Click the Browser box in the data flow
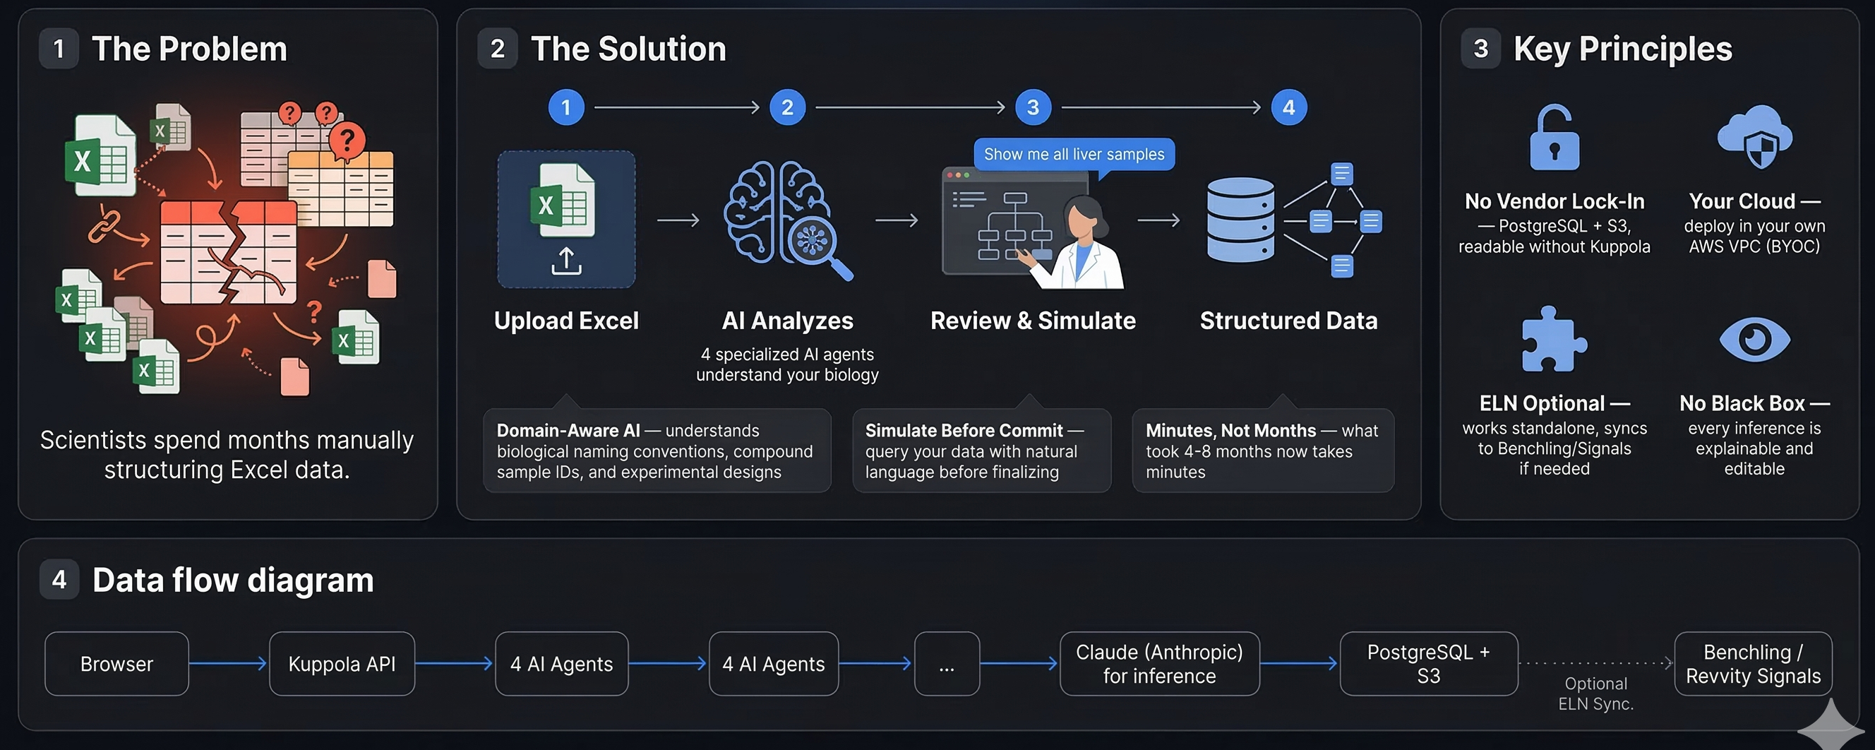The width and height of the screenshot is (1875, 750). coord(116,663)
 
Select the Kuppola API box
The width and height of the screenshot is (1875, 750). coord(342,663)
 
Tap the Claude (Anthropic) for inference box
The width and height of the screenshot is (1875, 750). coord(1158,663)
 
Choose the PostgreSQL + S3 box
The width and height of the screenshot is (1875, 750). coord(1428,663)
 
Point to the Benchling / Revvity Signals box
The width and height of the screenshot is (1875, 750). coord(1753,663)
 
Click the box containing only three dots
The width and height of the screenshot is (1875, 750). coord(946,663)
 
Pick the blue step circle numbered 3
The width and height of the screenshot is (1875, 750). coord(1032,108)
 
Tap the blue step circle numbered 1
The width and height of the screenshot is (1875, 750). coord(565,108)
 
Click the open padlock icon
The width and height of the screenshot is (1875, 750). coord(1554,138)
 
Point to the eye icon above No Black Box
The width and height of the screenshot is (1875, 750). coord(1754,339)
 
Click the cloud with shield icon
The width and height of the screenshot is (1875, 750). coord(1754,137)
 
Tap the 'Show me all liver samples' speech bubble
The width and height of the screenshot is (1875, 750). coord(1074,155)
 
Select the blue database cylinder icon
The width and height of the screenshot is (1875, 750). coord(1240,220)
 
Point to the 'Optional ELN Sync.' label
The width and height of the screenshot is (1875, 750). coord(1595,694)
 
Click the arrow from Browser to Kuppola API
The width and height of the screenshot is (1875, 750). coord(229,663)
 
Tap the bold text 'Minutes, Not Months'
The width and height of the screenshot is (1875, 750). coord(1230,430)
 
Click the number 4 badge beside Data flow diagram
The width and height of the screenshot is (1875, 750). coord(59,580)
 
